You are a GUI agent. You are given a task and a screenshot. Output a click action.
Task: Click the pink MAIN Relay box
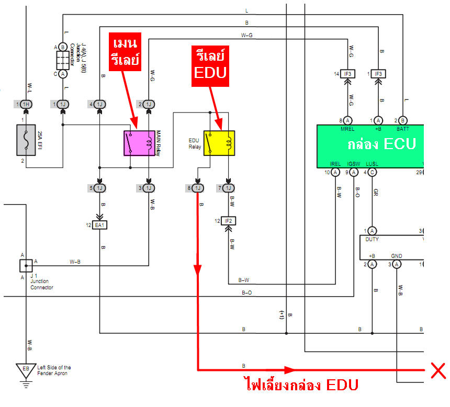pyautogui.click(x=139, y=143)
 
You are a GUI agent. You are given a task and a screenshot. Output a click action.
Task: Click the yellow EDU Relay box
pyautogui.click(x=219, y=143)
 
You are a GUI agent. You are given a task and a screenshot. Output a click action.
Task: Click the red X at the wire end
pyautogui.click(x=437, y=370)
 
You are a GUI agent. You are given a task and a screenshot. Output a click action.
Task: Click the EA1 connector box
pyautogui.click(x=99, y=225)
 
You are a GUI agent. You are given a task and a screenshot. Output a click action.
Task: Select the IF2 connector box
pyautogui.click(x=229, y=221)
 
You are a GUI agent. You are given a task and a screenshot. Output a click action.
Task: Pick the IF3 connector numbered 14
pyautogui.click(x=348, y=74)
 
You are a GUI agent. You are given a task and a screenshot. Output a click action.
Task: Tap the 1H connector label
pyautogui.click(x=27, y=105)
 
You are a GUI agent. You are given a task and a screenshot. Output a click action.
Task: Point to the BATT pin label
pyautogui.click(x=402, y=129)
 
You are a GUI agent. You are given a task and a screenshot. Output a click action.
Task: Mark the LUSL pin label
pyautogui.click(x=372, y=164)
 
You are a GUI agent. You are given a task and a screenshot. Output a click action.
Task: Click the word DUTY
pyautogui.click(x=373, y=239)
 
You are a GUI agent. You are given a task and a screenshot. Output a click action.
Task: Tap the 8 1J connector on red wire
pyautogui.click(x=197, y=188)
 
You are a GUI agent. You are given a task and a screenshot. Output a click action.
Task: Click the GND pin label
pyautogui.click(x=397, y=256)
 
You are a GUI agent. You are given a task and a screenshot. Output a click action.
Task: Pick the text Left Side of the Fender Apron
pyautogui.click(x=54, y=370)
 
